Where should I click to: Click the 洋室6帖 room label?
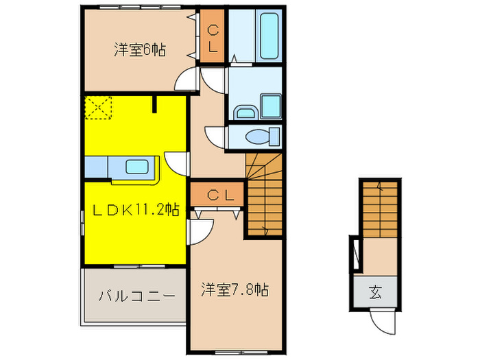141,50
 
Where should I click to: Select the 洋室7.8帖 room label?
235,290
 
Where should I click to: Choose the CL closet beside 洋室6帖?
213,38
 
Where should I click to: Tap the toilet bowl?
260,137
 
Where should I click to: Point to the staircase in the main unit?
263,195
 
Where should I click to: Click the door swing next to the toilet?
216,134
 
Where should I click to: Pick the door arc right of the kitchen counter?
177,164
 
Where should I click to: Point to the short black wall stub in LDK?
156,104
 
